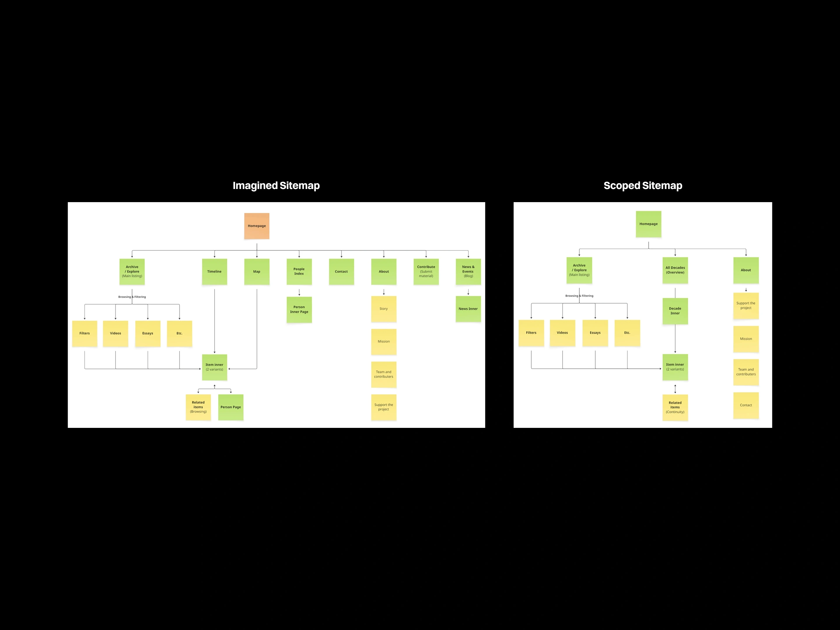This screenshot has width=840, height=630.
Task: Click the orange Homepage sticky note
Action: pos(257,226)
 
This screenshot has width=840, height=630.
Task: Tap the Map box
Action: pos(257,272)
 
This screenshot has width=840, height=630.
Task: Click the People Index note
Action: pos(299,272)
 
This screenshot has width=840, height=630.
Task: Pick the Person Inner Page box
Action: pos(299,309)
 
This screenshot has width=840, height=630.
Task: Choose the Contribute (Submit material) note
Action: pos(426,272)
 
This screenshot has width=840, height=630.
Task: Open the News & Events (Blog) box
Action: pos(468,272)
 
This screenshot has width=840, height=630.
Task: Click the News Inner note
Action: pos(468,309)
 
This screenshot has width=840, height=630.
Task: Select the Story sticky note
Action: pos(384,309)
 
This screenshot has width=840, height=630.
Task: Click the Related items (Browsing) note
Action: pos(198,407)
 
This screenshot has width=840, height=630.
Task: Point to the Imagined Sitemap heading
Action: pos(276,186)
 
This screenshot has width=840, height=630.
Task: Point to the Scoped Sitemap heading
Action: pos(643,186)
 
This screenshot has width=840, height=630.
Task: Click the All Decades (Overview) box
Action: pos(675,270)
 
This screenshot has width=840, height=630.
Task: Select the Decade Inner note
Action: pos(675,311)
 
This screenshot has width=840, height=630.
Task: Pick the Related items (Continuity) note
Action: pos(675,407)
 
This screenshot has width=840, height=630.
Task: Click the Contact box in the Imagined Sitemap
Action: pos(341,272)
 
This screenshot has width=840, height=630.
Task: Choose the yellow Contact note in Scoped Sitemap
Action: pos(746,405)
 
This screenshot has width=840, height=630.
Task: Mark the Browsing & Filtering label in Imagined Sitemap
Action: pos(132,297)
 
